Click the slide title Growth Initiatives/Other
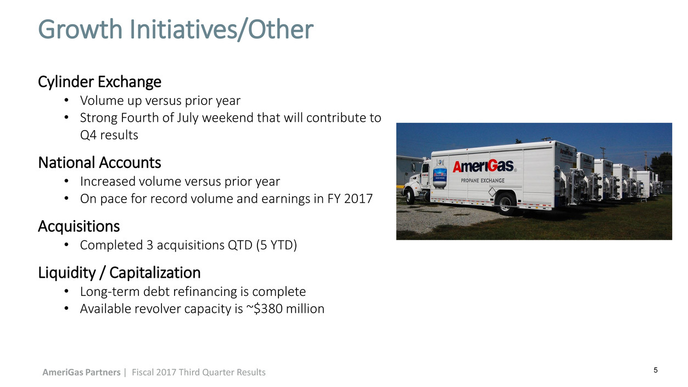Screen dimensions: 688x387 176,30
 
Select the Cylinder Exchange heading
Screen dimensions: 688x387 99,82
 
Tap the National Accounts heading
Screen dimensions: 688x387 99,162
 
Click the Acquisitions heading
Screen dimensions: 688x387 79,227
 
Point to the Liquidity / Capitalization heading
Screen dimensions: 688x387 119,273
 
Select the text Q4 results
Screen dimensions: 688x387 109,135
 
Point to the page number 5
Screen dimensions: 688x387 656,370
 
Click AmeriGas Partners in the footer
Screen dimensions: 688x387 81,372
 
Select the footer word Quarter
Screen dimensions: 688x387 215,372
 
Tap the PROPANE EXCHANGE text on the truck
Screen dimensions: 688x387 483,180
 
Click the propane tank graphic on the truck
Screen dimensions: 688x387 440,174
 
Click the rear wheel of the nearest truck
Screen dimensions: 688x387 506,203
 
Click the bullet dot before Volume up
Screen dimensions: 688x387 66,100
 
